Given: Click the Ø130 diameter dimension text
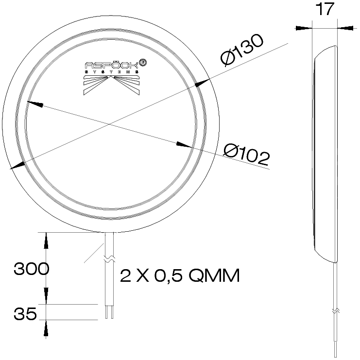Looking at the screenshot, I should coord(241,51).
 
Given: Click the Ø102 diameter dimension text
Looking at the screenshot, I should coord(247,154).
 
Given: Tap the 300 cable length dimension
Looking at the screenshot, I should coord(31,269).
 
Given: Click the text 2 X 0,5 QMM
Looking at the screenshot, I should coord(180,276).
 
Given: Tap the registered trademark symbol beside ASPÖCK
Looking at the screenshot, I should coord(143,63).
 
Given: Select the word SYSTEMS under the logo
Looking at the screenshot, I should coord(113,73).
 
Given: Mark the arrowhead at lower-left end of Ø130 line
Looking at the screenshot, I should coord(16,165).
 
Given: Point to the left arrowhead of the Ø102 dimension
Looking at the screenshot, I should coord(33,104).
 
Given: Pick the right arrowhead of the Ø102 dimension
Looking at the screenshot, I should coord(184,145).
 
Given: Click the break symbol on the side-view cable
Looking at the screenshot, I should coord(334,309).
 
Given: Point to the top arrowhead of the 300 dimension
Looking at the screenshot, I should coord(46,240).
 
